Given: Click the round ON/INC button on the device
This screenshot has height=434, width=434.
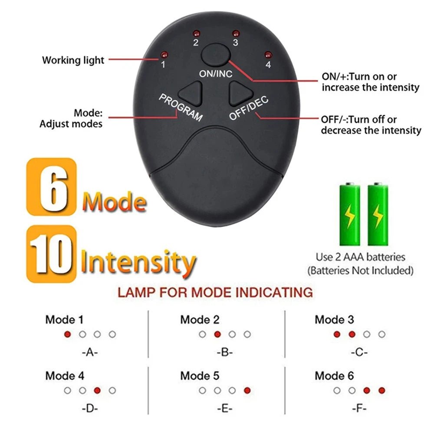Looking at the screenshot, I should (x=216, y=55).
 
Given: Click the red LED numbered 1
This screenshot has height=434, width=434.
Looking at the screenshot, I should (x=164, y=55).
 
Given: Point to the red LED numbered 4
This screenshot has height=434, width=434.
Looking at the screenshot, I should (x=268, y=55).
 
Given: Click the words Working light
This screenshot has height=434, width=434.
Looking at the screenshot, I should (x=73, y=60).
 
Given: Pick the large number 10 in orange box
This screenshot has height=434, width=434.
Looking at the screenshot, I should (x=51, y=254).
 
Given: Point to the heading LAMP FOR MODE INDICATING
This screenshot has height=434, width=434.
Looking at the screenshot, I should (x=215, y=292).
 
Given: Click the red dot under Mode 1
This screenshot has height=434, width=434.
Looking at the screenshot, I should (x=67, y=334).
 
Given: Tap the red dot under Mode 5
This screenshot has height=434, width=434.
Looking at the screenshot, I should (x=247, y=390).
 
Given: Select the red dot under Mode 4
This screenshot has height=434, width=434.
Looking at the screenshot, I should (x=97, y=390).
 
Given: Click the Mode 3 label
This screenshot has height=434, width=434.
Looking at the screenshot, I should (x=334, y=320).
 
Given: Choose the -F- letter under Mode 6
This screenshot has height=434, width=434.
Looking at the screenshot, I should (x=359, y=408).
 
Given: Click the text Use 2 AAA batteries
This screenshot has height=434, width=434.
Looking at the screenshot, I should (x=360, y=257).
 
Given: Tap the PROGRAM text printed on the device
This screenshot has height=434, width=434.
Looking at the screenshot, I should (x=181, y=107).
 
